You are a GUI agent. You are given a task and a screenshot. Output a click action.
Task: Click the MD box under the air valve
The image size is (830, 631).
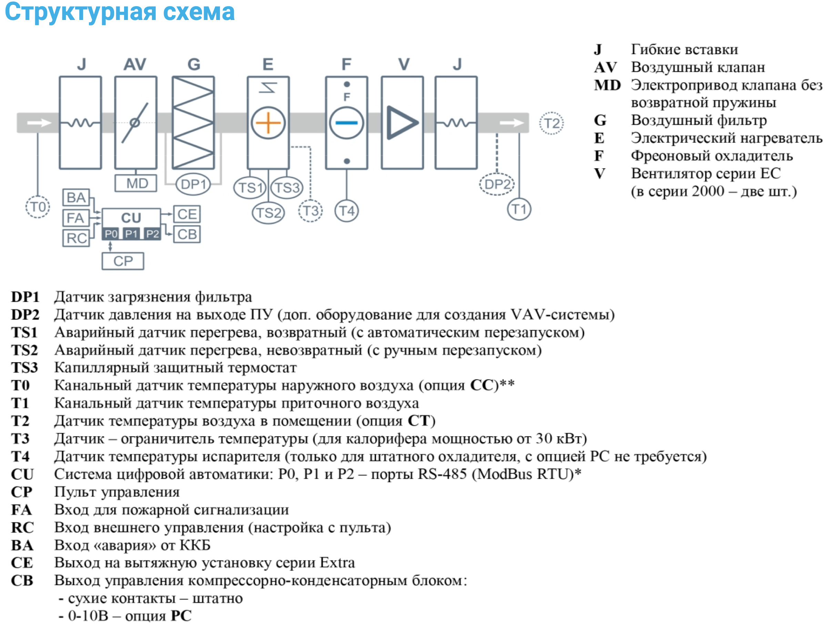[135, 183]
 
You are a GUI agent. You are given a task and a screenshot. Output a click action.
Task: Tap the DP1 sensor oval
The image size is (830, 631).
[193, 184]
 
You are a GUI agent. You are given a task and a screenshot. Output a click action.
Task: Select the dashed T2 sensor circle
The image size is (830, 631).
[551, 123]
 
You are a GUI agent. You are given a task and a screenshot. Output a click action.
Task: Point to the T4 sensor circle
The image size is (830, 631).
[346, 211]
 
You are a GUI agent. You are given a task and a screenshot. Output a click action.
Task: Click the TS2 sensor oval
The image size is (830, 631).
[268, 213]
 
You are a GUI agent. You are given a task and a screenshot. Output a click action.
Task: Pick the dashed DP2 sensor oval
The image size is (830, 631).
[497, 184]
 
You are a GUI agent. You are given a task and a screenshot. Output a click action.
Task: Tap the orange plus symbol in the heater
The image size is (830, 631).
[268, 123]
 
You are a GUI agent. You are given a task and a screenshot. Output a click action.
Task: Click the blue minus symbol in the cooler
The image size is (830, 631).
[346, 123]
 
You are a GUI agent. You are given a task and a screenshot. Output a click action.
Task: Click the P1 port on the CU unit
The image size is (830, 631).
[131, 234]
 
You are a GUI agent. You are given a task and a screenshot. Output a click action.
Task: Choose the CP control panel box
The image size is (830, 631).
[123, 261]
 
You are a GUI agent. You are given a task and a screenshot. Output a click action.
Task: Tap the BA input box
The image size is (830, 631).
[76, 197]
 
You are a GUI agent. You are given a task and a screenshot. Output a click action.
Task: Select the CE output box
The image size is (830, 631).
[186, 214]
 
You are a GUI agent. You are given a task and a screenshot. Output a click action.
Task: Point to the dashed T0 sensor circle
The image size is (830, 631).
[38, 207]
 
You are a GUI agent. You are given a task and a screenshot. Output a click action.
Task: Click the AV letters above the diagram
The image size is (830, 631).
[135, 64]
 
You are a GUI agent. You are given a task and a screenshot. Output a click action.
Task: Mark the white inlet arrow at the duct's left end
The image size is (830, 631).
[39, 123]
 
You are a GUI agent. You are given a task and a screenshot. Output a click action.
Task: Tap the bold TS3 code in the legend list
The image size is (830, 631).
[24, 367]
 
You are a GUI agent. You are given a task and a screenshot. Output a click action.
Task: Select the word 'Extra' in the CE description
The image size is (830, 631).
[337, 563]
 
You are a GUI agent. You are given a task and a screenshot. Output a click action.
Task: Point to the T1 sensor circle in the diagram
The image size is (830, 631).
[519, 209]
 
